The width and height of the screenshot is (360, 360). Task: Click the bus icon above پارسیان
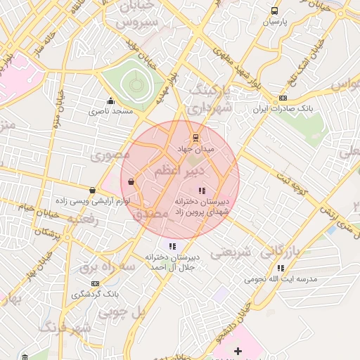274,11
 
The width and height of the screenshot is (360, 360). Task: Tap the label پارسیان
276,22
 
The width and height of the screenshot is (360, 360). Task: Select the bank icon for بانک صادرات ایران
283,98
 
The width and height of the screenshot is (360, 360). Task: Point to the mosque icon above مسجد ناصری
110,101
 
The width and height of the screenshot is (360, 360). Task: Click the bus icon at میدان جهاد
195,138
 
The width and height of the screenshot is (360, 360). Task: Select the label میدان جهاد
195,149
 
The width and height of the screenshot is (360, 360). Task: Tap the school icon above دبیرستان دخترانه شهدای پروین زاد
202,190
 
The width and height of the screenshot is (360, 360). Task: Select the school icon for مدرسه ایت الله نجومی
281,268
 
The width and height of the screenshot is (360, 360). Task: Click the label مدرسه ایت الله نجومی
281,278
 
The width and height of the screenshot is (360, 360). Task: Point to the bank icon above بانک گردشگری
95,283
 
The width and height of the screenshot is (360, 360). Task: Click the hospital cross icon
238,351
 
